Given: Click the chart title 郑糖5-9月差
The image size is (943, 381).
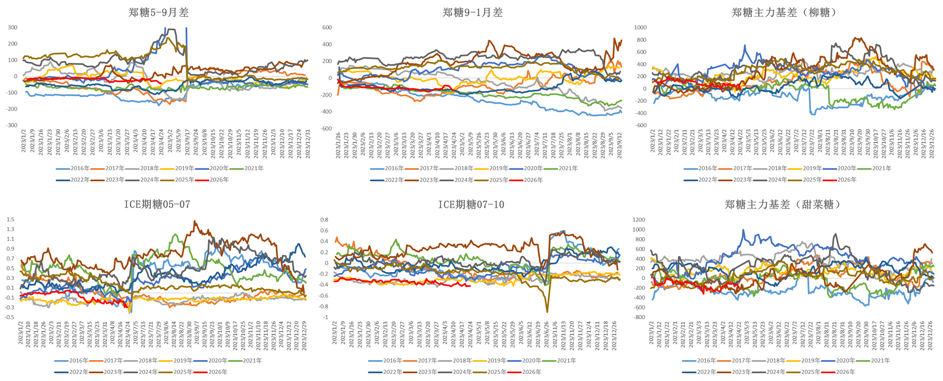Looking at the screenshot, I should click(x=158, y=13).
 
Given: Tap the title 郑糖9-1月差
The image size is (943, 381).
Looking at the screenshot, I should click(x=472, y=13).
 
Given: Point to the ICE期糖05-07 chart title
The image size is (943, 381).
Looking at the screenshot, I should click(x=157, y=205).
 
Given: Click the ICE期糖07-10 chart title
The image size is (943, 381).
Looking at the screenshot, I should click(x=471, y=205).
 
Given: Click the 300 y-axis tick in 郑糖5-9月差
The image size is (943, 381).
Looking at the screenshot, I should click(x=13, y=27).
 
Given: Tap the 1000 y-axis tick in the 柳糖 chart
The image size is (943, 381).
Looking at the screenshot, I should click(x=640, y=27).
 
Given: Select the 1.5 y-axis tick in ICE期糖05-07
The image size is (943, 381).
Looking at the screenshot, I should click(x=10, y=219).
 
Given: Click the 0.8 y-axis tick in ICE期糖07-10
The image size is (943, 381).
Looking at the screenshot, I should click(x=324, y=220).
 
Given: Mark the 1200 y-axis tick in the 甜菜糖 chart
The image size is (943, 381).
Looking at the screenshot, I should click(x=639, y=220).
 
